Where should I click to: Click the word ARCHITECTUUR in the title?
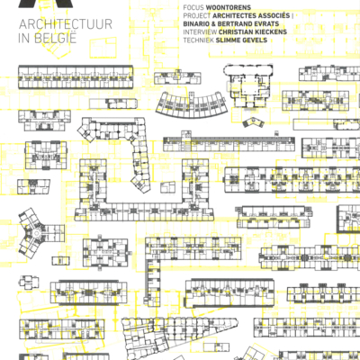[66, 24]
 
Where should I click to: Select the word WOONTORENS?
[229, 7]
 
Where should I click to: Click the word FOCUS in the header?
[193, 7]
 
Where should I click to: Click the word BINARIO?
[199, 23]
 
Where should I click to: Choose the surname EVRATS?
[265, 23]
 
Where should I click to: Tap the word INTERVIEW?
[200, 31]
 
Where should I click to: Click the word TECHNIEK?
[199, 40]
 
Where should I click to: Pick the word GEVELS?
[255, 40]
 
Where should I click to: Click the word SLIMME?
[228, 40]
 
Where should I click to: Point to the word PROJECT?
[197, 15]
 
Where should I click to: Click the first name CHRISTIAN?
[237, 31]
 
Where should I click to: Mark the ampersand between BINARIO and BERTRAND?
[219, 23]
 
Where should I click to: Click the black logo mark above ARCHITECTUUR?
[46, 4]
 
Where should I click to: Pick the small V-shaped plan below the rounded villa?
[253, 122]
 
